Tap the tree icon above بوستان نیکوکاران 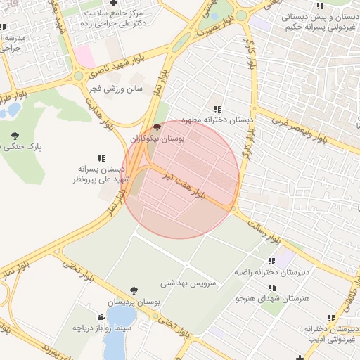(156, 128)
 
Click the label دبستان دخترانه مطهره (217, 120)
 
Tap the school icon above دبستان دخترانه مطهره (217, 109)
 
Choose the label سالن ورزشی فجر (115, 89)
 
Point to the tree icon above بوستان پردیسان (134, 290)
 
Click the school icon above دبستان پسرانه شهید (101, 159)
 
